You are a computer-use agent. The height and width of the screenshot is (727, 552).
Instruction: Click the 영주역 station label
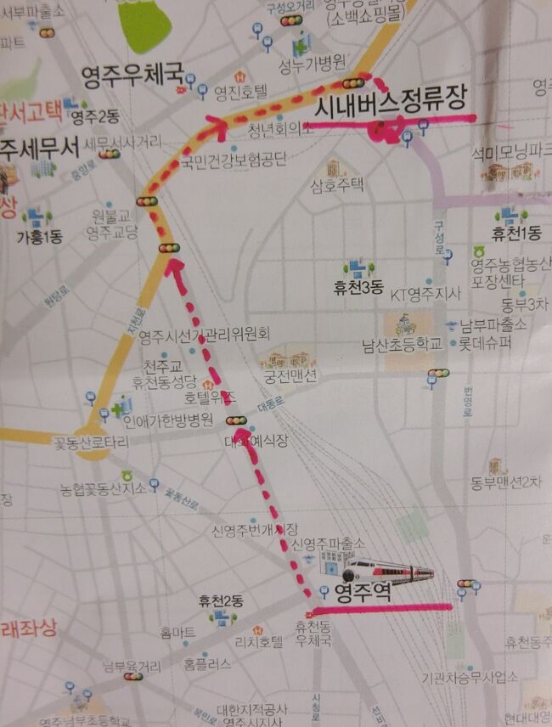[363, 591]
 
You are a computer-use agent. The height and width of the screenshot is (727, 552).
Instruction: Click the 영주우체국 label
[132, 77]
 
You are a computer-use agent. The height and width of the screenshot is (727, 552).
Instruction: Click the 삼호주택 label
[337, 184]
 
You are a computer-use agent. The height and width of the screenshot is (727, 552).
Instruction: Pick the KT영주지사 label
[425, 295]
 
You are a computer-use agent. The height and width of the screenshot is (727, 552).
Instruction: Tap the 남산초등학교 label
[402, 345]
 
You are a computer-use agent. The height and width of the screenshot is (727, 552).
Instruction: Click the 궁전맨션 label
[291, 375]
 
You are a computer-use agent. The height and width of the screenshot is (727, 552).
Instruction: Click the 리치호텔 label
[259, 642]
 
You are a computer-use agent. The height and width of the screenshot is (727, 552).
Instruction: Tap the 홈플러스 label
[207, 663]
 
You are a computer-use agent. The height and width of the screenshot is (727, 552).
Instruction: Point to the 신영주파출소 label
[329, 542]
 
